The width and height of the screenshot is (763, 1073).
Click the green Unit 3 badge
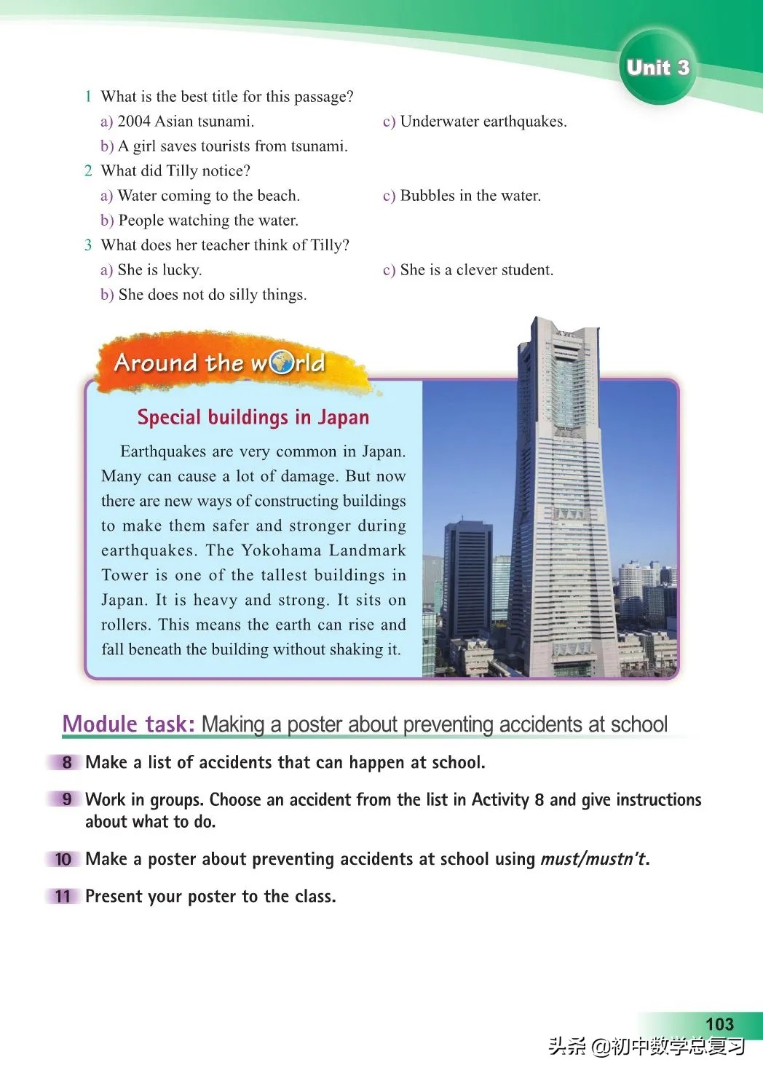click(657, 68)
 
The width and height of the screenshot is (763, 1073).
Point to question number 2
click(88, 171)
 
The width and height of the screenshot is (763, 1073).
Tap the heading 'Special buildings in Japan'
click(253, 417)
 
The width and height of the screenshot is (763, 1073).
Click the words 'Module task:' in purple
click(128, 724)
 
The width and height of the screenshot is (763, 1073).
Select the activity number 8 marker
click(66, 762)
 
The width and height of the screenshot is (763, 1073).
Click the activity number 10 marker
click(63, 859)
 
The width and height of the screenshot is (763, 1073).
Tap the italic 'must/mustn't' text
click(593, 859)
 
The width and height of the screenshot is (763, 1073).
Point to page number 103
click(719, 1024)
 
